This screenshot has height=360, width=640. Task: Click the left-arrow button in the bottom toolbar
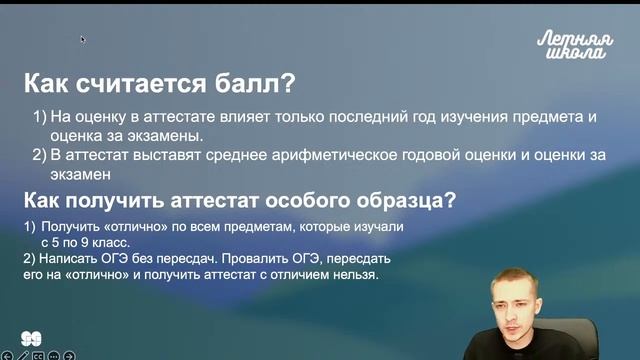tap(8, 354)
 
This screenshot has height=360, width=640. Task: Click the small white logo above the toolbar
tap(31, 338)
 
